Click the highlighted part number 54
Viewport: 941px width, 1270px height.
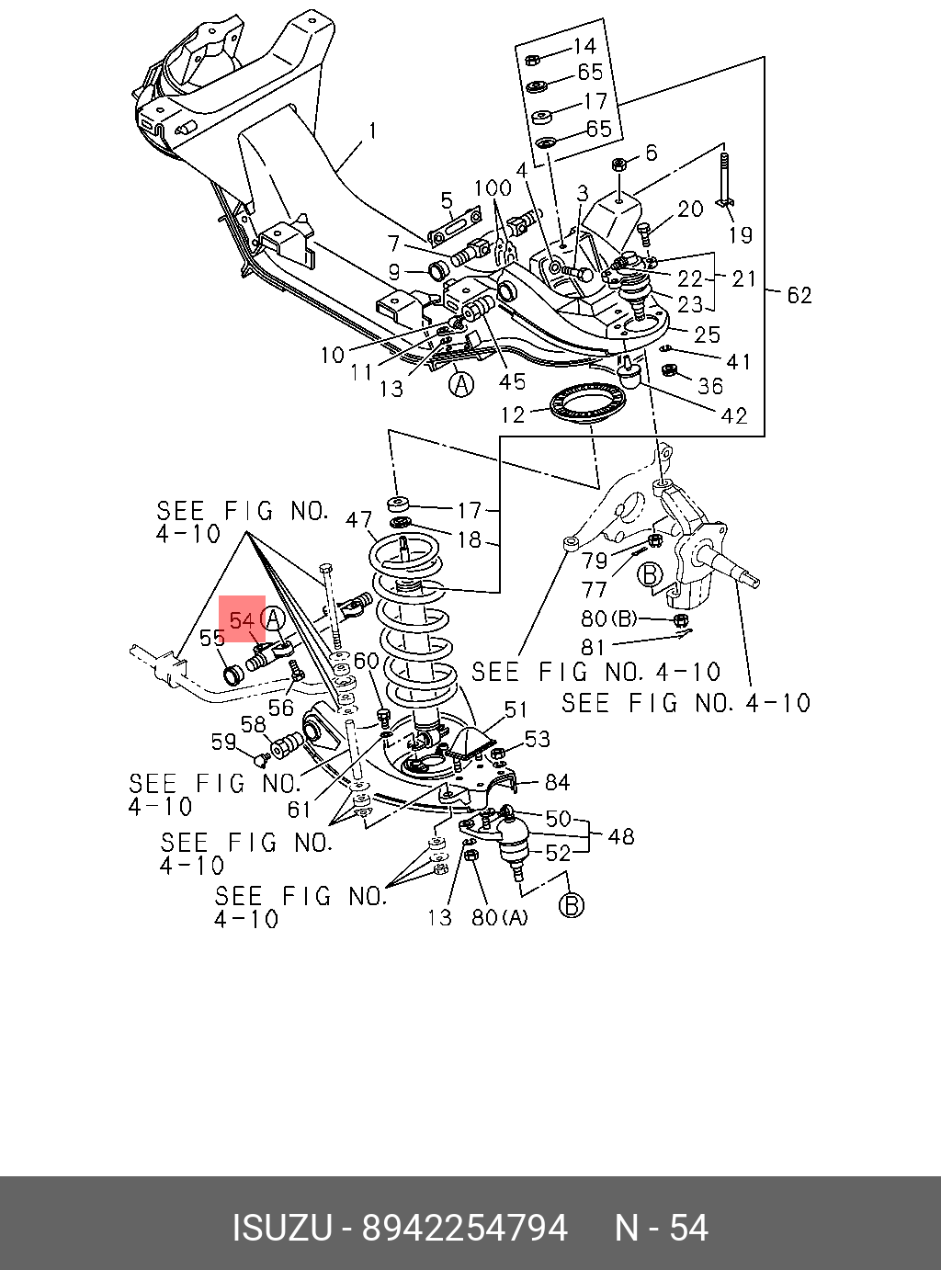[242, 620]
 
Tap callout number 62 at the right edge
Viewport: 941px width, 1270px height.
[799, 295]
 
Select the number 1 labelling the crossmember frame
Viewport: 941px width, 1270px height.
[372, 133]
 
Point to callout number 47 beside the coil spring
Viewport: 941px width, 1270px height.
[359, 521]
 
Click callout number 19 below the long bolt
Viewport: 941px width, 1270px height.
[740, 235]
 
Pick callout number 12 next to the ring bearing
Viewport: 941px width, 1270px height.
[513, 414]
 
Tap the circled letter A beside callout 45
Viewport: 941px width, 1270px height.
[461, 383]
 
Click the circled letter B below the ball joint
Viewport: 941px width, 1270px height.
[572, 905]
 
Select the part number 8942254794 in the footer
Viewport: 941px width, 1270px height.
[464, 1228]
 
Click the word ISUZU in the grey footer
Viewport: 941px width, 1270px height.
[280, 1228]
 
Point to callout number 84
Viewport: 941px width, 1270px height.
[557, 782]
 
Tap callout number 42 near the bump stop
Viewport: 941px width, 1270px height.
[734, 416]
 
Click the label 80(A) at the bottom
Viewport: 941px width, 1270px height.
[500, 917]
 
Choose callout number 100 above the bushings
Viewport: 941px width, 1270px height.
[493, 188]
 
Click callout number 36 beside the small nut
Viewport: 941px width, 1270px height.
[709, 386]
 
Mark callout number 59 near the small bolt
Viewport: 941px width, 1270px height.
[223, 742]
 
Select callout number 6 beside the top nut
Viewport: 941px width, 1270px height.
[652, 153]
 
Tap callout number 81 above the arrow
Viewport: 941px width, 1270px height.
[593, 647]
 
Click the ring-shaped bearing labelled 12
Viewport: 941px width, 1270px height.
[586, 404]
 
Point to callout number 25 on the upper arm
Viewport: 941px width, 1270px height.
[707, 334]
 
